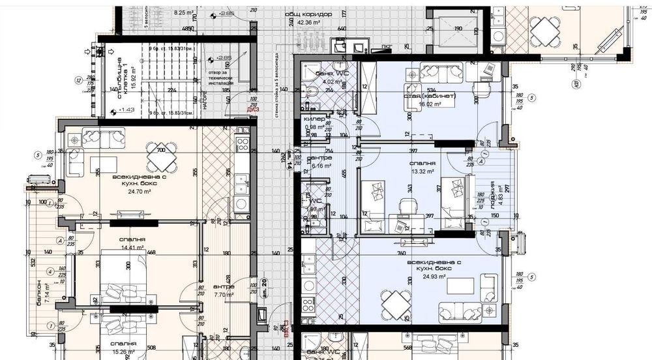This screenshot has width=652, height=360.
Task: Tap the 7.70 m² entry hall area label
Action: pyautogui.click(x=223, y=294)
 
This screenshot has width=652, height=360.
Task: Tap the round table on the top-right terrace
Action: pyautogui.click(x=542, y=28)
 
